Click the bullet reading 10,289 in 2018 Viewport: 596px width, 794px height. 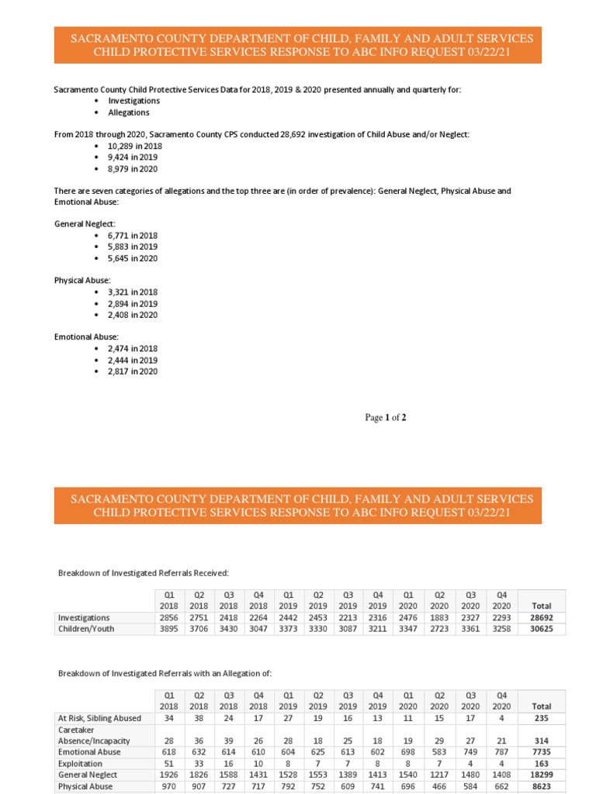(x=134, y=146)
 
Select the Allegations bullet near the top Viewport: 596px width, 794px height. (x=129, y=112)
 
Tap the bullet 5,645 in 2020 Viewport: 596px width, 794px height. (x=133, y=258)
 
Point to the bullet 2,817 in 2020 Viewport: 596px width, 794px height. (x=133, y=371)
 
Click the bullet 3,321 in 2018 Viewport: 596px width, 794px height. (x=133, y=292)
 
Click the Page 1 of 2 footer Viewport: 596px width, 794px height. (x=386, y=418)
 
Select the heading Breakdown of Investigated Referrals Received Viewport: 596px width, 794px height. (x=144, y=573)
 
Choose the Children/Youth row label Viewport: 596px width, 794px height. (x=86, y=629)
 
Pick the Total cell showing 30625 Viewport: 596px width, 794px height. (x=541, y=629)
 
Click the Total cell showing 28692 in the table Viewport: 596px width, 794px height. (x=541, y=617)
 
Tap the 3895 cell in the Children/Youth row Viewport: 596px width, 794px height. (x=169, y=629)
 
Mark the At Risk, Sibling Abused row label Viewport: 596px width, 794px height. (x=99, y=718)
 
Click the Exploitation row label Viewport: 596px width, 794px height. (x=81, y=763)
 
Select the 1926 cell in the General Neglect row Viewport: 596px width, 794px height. (x=169, y=775)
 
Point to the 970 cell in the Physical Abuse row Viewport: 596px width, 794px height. (x=169, y=786)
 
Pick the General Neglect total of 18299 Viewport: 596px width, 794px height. (x=541, y=775)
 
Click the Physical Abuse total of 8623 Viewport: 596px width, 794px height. (x=541, y=786)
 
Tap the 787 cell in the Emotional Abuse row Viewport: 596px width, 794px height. (x=502, y=752)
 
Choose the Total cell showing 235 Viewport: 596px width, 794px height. (x=541, y=718)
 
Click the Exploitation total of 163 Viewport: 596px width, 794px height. (x=541, y=763)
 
